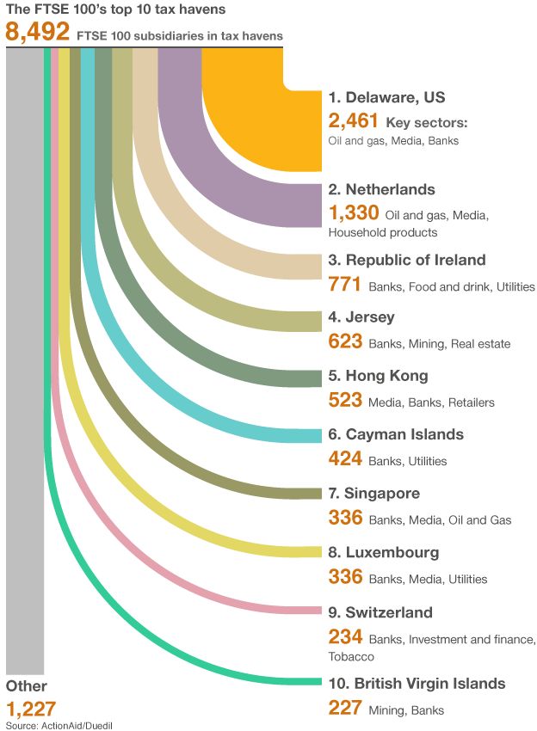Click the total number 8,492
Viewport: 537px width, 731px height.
click(37, 33)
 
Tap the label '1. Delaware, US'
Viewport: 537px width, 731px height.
click(385, 97)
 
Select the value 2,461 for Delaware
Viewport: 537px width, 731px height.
click(354, 120)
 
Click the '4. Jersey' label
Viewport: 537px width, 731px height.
click(361, 317)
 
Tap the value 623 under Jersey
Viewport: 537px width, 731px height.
click(345, 341)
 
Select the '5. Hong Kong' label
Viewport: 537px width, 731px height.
click(378, 376)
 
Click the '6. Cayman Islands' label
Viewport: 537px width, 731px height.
click(396, 435)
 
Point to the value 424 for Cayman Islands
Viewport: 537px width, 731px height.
click(345, 458)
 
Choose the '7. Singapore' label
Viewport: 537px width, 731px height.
click(374, 494)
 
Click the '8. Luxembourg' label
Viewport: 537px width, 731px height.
click(384, 552)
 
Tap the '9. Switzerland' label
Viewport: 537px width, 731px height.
click(380, 612)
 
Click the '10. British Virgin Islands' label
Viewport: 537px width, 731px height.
click(417, 684)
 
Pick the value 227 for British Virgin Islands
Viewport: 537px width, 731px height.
click(345, 708)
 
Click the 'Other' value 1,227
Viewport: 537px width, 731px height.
click(31, 709)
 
